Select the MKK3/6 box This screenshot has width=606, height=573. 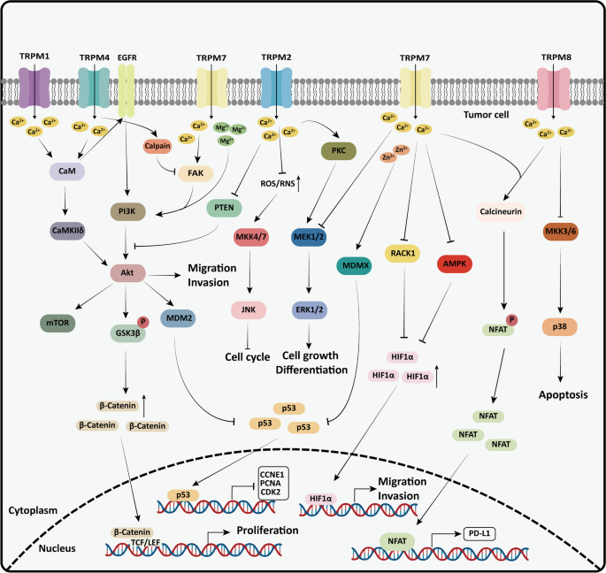[563, 233]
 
